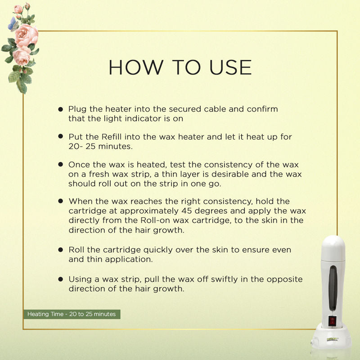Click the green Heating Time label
[72, 314]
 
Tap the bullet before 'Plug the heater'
[61, 109]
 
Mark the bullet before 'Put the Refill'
[61, 136]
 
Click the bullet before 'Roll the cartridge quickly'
[61, 249]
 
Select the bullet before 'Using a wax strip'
[61, 279]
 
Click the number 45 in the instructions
[184, 211]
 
